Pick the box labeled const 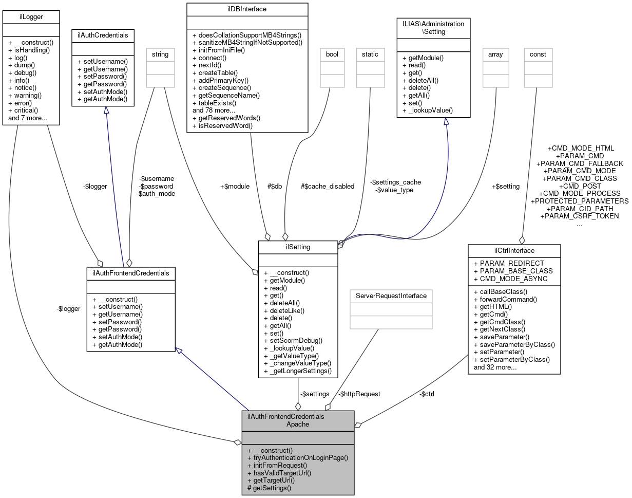[x=538, y=54]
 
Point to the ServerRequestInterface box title [x=390, y=296]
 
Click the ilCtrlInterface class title [x=514, y=250]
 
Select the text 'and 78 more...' [x=214, y=110]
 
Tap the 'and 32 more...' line [x=495, y=367]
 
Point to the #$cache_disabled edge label [x=328, y=187]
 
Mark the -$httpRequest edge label [x=359, y=394]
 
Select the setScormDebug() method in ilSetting [x=293, y=340]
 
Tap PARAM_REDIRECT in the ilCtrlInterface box [x=509, y=263]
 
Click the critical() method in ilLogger [x=24, y=110]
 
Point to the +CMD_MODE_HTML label [x=580, y=148]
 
